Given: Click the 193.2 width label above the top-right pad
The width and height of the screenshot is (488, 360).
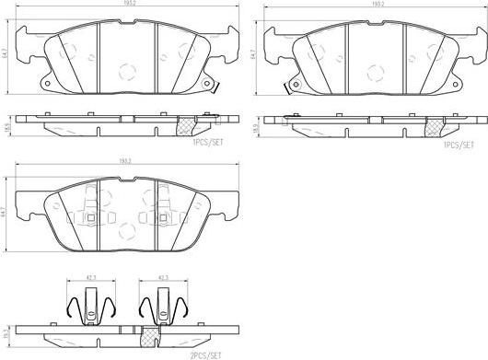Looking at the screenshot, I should [351, 4].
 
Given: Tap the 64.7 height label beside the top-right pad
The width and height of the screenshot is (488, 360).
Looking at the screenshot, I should [253, 56].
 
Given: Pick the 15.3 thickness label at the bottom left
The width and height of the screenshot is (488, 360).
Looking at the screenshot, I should [7, 331].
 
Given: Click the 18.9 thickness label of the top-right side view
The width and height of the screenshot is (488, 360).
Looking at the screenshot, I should [255, 120].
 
